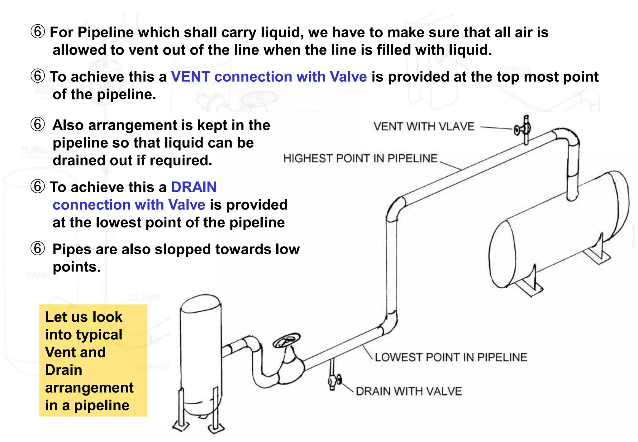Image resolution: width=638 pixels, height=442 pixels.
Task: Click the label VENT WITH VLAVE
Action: click(x=424, y=127)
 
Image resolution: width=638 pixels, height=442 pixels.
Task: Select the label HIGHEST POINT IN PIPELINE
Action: click(x=360, y=158)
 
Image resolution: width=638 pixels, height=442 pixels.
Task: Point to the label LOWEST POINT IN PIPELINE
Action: click(x=451, y=357)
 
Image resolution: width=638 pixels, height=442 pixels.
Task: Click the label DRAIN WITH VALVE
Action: click(x=409, y=391)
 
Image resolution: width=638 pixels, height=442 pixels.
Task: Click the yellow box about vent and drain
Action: click(x=93, y=360)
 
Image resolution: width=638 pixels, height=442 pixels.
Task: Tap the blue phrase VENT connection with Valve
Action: click(x=269, y=77)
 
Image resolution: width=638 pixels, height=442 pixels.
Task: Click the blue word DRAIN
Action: click(x=193, y=187)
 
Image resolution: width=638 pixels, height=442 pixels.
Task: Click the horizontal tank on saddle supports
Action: click(x=558, y=231)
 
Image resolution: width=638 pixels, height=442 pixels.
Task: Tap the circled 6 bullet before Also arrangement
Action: click(x=38, y=125)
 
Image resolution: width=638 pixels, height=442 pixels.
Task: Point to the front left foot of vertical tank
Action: click(x=181, y=425)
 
